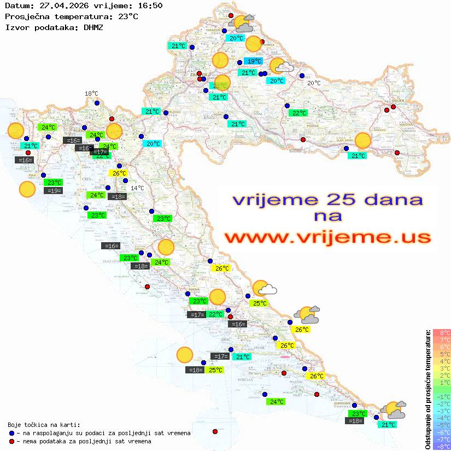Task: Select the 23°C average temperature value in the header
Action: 128,16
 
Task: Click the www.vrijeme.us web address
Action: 327,237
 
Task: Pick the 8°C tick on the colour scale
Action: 442,332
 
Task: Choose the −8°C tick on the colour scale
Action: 442,446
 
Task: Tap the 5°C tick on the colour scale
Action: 442,354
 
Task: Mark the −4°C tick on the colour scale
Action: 442,418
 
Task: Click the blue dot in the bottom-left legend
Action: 12,433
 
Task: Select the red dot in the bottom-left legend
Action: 12,441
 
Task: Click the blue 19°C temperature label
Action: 253,61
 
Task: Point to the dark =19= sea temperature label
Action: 54,191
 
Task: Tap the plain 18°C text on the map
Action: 91,94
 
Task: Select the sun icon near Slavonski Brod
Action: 362,140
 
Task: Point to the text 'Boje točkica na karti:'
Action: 44,424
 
